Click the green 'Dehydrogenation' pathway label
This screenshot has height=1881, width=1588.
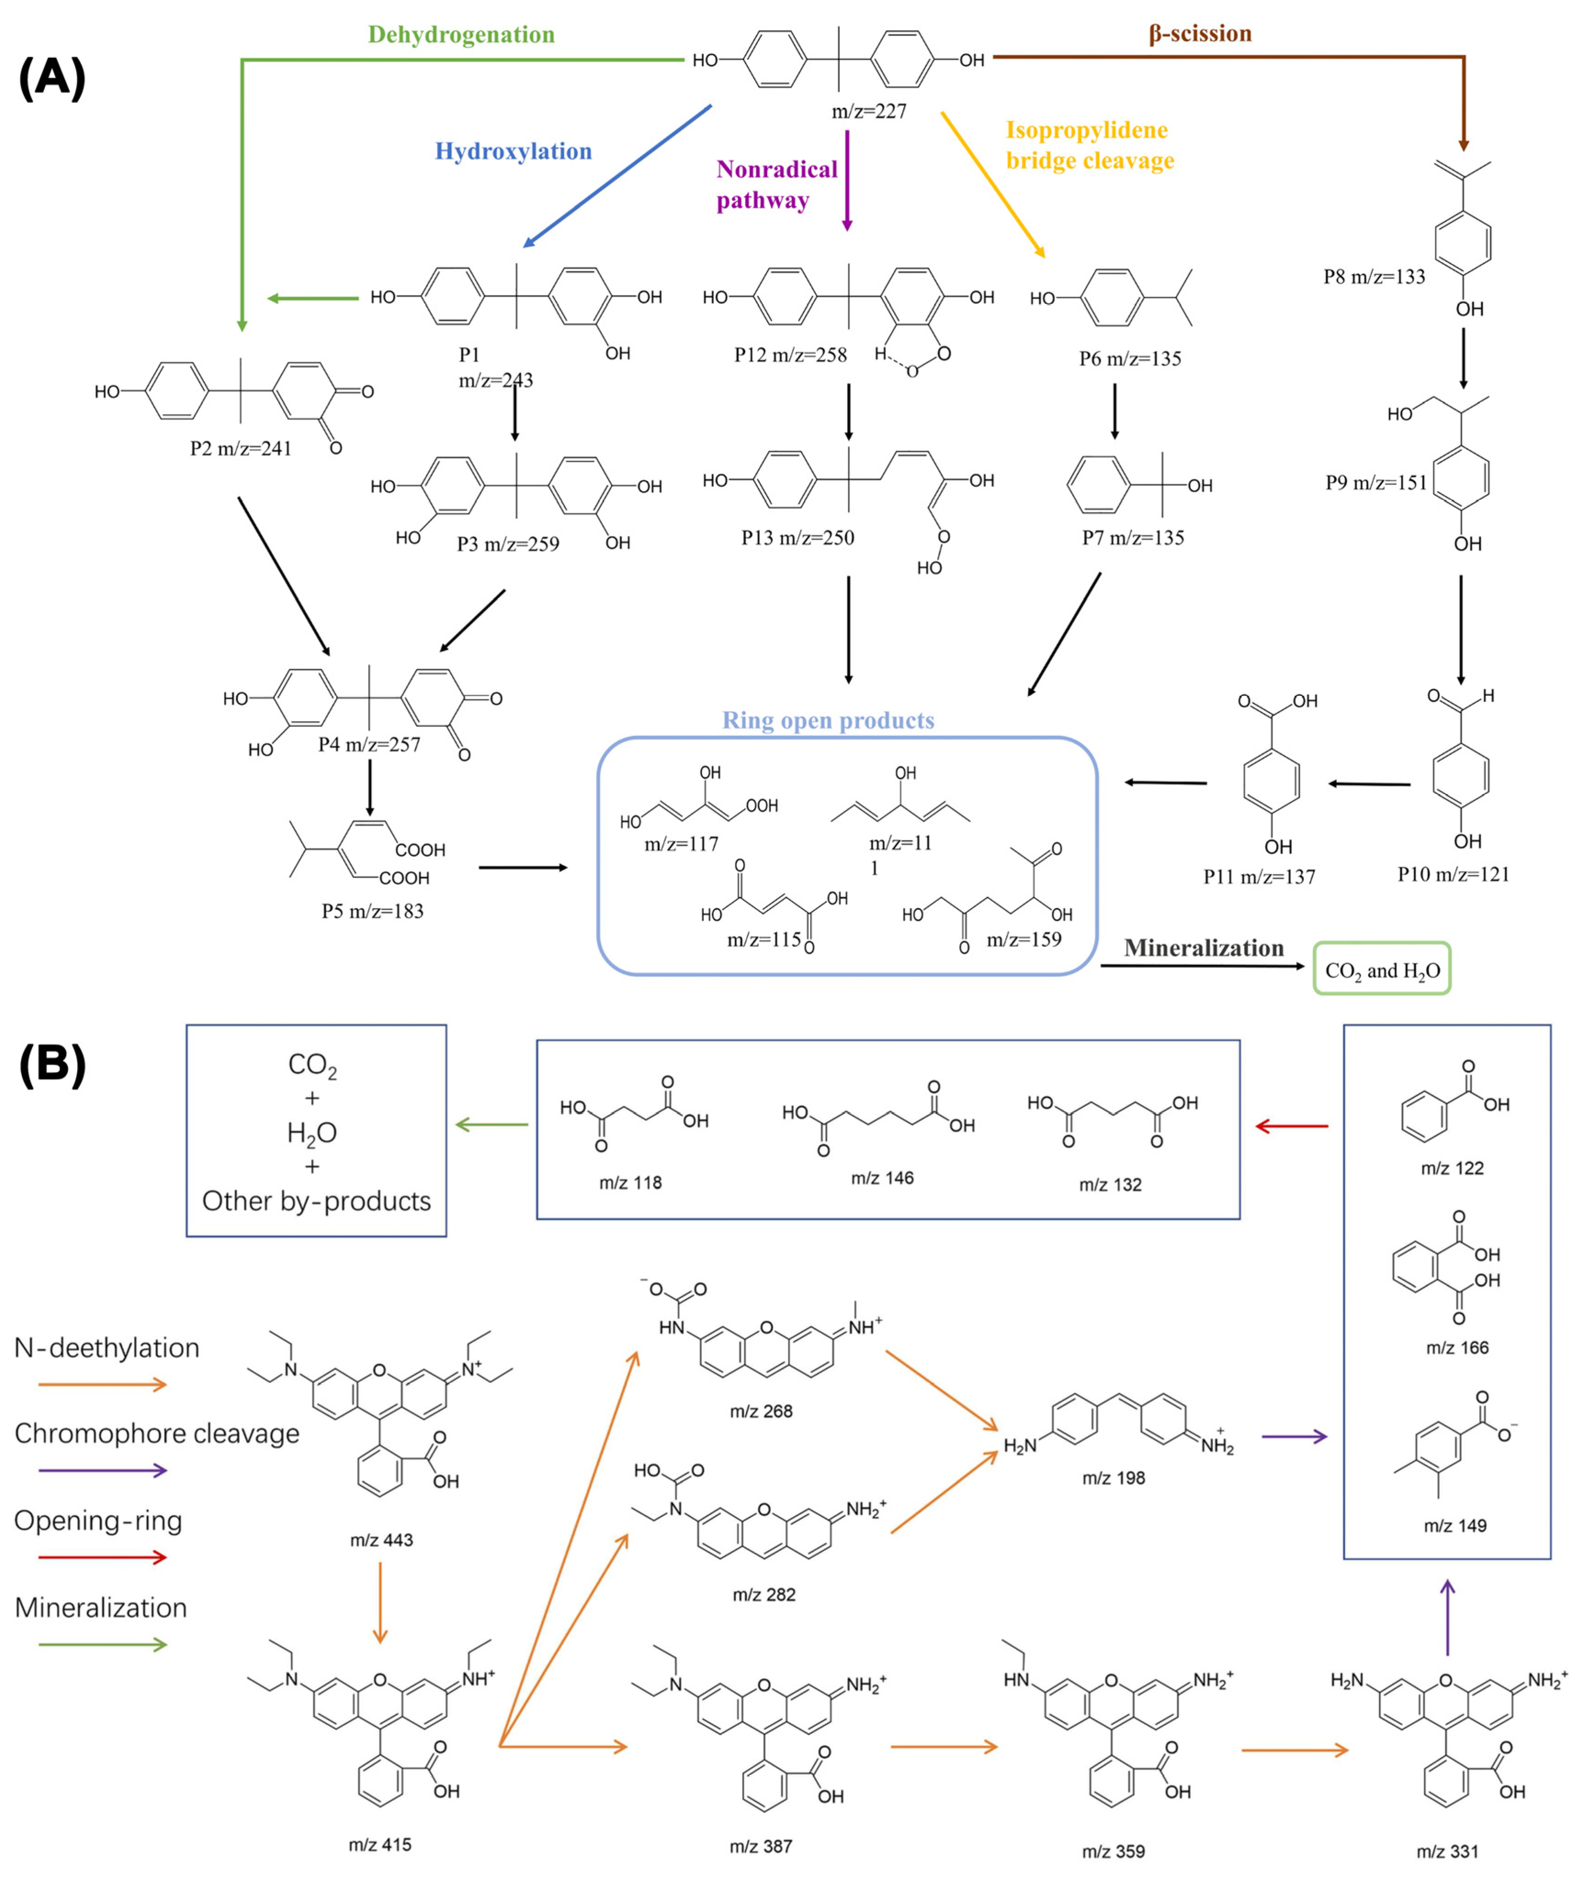tap(461, 35)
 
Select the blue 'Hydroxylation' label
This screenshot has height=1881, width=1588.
tap(513, 151)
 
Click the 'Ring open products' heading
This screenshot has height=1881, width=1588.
tap(828, 720)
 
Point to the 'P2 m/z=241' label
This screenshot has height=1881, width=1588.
tap(241, 449)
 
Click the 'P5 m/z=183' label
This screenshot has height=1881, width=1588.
tap(373, 911)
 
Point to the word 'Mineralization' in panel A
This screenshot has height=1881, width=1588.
tap(1204, 948)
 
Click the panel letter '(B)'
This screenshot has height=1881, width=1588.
tap(52, 1064)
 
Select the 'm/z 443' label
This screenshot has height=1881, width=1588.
tap(382, 1540)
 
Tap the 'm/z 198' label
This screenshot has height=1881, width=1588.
tap(1114, 1477)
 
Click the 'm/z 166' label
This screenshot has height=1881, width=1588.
tap(1457, 1348)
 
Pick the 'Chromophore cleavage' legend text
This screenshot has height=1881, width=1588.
tap(157, 1433)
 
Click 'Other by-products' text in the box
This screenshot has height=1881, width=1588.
tap(316, 1201)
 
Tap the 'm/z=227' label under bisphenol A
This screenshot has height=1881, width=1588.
tap(869, 112)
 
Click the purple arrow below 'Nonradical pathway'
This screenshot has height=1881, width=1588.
tap(847, 180)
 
